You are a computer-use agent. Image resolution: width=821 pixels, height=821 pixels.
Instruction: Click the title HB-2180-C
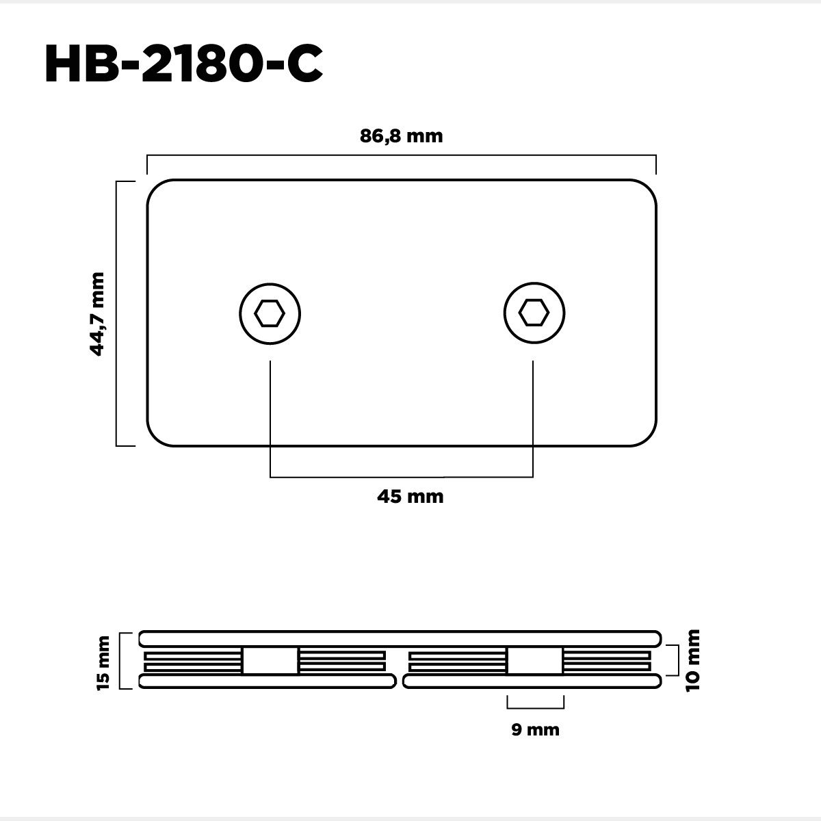tap(183, 64)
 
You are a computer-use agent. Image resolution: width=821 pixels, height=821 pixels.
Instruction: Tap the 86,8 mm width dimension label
tap(402, 136)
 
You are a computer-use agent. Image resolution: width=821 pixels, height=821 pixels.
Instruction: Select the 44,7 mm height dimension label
tap(97, 313)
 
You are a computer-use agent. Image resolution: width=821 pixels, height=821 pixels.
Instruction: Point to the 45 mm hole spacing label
tap(410, 496)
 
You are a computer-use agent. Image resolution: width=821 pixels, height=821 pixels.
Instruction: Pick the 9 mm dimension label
tap(535, 729)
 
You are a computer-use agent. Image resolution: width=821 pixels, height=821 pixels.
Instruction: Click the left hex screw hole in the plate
tap(270, 313)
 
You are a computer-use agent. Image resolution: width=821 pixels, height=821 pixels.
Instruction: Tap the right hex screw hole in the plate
tap(534, 313)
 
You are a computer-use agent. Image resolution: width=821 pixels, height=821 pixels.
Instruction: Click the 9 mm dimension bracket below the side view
tap(536, 708)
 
